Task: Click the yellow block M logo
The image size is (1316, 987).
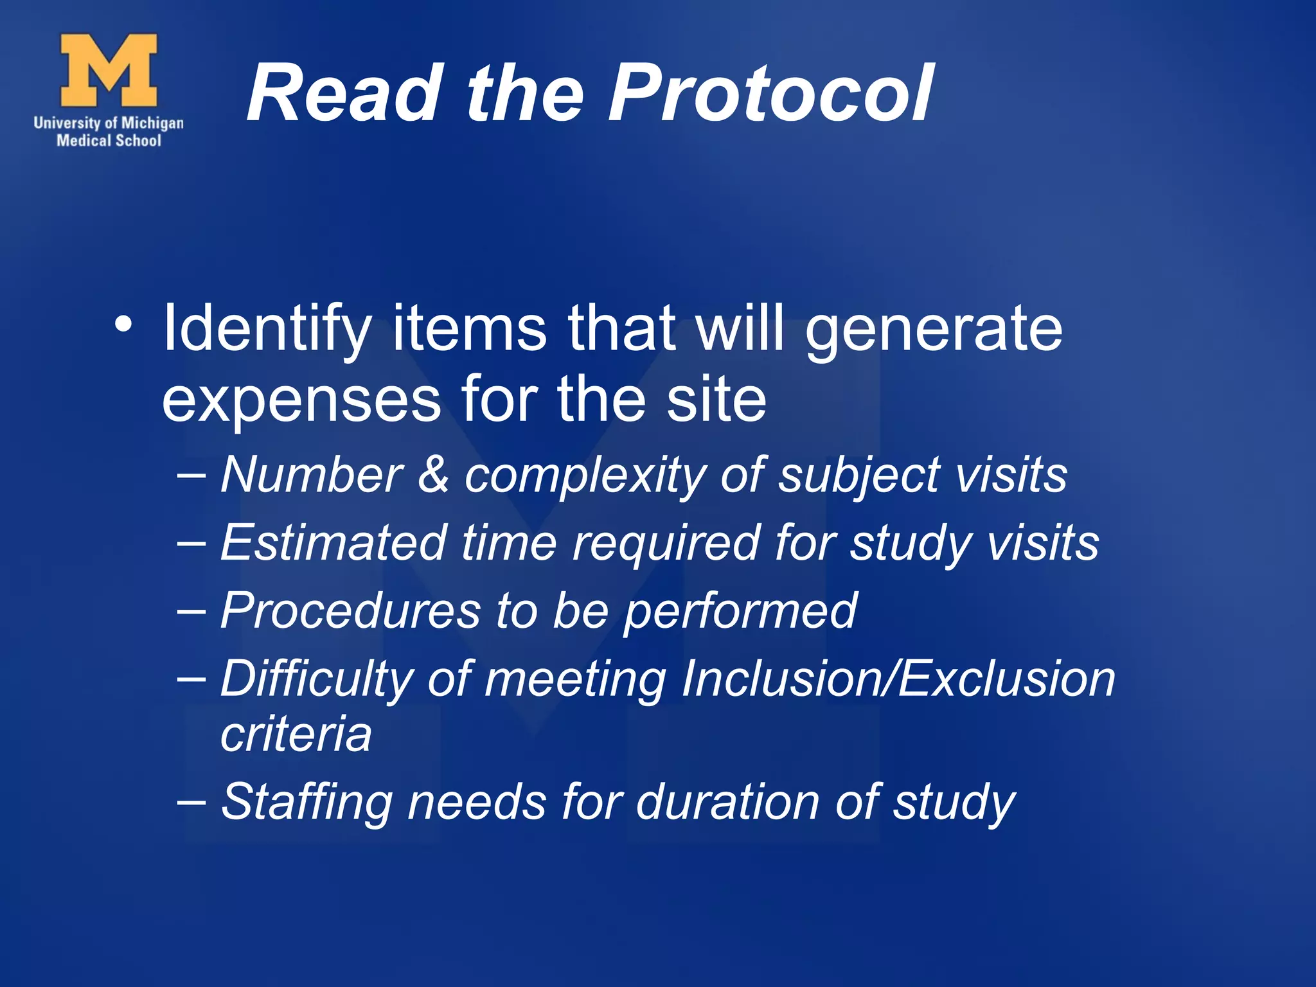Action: pyautogui.click(x=109, y=70)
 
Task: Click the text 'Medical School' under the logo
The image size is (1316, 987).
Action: pyautogui.click(x=109, y=141)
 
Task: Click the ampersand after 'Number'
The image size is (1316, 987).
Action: pyautogui.click(x=433, y=474)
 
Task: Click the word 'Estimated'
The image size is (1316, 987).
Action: pyautogui.click(x=333, y=542)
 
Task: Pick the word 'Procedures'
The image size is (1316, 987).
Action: pyautogui.click(x=350, y=610)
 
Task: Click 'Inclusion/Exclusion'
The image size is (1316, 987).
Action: pyautogui.click(x=898, y=679)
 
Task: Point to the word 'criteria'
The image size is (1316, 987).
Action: pyautogui.click(x=296, y=734)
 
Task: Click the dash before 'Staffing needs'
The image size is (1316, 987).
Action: pyautogui.click(x=191, y=801)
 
